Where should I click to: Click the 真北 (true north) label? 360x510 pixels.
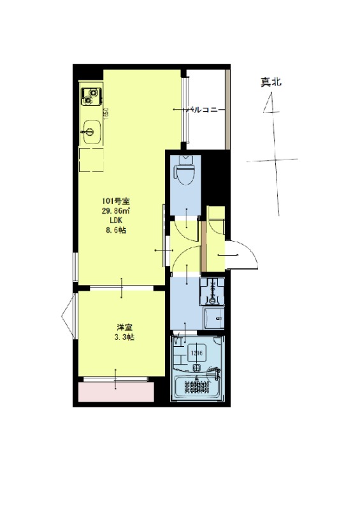coord(270,82)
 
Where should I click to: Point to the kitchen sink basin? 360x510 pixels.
coord(90,133)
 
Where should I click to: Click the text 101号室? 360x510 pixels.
coord(117,201)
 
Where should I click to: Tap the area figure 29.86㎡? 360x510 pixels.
coord(117,210)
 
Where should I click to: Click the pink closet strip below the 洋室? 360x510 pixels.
coord(117,392)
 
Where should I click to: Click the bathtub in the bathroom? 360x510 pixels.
coord(197,386)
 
